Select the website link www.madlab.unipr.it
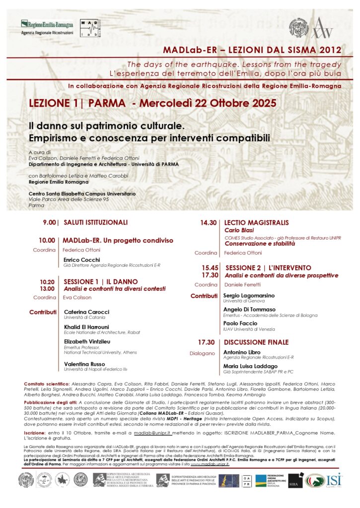tap(210, 464)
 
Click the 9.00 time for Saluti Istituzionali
tap(49, 222)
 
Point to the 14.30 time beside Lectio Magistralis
tap(208, 223)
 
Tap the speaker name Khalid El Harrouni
tap(87, 327)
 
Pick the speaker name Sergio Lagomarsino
tap(249, 295)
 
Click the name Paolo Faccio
tap(240, 322)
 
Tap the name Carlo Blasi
tap(239, 230)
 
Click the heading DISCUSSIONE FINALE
tap(256, 342)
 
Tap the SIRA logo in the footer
tap(295, 480)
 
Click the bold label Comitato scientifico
tap(46, 384)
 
